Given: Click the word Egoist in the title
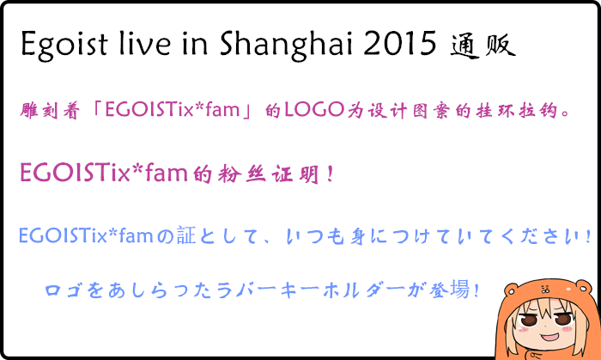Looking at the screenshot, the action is [x=64, y=45].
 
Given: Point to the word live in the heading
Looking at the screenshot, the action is [x=144, y=43].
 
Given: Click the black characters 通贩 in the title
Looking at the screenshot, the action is [x=483, y=46].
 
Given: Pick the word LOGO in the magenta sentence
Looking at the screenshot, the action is [x=314, y=110].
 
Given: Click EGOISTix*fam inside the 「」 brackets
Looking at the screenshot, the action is [x=172, y=110].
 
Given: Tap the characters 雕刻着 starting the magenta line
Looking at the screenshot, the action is [x=50, y=111].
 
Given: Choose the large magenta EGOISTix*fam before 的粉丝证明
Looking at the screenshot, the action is [x=104, y=173].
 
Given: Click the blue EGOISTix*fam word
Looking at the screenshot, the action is [x=86, y=235].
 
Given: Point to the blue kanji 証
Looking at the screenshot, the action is [x=186, y=235].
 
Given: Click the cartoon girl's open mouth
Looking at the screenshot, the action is [x=549, y=338].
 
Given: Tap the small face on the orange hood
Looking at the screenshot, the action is [x=544, y=289].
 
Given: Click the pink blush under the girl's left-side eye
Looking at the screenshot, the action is [x=523, y=329].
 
